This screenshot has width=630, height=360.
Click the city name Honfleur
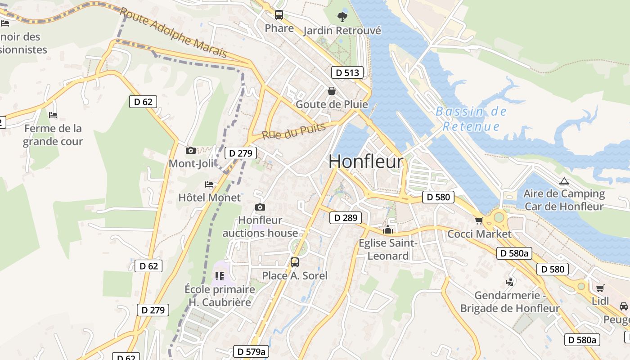(366, 162)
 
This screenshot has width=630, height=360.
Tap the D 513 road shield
(347, 72)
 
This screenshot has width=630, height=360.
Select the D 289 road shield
(346, 218)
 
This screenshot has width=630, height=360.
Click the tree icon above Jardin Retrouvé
(342, 17)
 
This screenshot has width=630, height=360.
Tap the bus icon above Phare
(279, 15)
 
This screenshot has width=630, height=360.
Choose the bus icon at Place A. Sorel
(295, 262)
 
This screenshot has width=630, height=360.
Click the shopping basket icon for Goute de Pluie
(332, 91)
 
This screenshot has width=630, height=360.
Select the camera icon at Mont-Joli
(191, 150)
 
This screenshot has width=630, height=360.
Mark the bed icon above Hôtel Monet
(209, 184)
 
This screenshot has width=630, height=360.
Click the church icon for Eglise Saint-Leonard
(387, 230)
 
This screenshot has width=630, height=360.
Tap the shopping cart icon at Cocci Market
(479, 220)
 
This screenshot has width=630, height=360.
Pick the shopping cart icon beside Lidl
(600, 288)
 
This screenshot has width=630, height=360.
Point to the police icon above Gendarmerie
(510, 282)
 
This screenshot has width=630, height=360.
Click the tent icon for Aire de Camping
(564, 181)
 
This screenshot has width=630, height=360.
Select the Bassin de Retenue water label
(471, 119)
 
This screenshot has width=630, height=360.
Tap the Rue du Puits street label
(293, 131)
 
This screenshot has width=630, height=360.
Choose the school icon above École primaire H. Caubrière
(220, 276)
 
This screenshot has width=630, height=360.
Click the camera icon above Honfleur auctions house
(260, 207)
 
